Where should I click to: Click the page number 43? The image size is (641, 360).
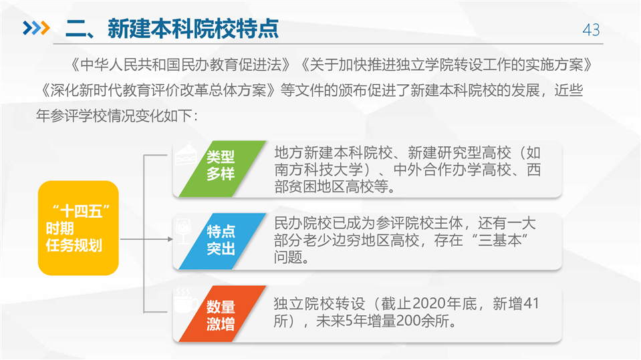pos(591,30)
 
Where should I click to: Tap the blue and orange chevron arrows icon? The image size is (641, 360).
pos(36,28)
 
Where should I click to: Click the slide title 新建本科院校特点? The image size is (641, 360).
pos(193,29)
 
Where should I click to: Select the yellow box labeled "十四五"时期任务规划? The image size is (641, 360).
pos(78,228)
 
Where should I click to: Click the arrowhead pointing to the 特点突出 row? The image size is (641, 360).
pos(170,239)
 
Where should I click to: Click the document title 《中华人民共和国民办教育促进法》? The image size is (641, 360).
pos(180,65)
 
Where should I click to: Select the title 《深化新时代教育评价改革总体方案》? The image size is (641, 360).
pos(158,90)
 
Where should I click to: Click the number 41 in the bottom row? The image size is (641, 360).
pos(531,304)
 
